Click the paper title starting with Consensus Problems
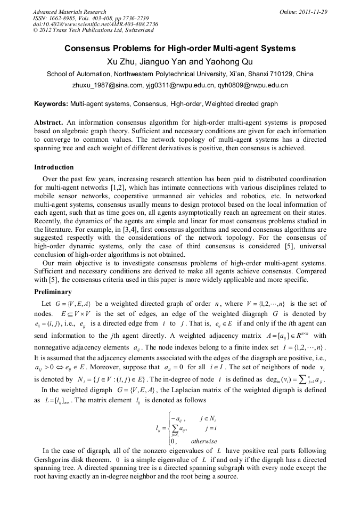(x=180, y=48)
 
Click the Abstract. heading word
(x=50, y=121)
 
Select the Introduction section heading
(x=54, y=167)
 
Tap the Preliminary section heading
(x=53, y=292)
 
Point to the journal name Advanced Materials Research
(x=70, y=12)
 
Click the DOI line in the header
(x=95, y=25)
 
